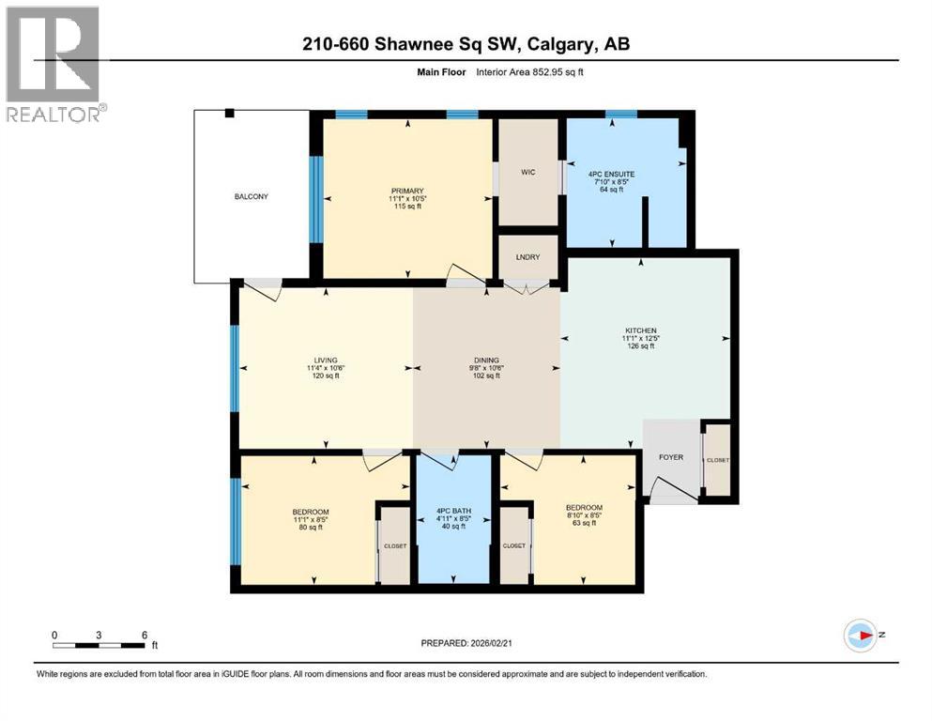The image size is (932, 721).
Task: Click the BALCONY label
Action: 252,196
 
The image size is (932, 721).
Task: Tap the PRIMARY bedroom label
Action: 407,188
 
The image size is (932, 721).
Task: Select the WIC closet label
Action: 527,172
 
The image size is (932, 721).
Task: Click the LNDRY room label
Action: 527,256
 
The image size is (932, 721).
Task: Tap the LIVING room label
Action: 326,357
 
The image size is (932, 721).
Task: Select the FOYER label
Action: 671,457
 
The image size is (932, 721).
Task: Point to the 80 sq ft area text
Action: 310,527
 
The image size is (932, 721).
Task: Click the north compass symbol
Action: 860,636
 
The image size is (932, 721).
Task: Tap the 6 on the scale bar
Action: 144,634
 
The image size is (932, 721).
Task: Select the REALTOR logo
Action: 53,64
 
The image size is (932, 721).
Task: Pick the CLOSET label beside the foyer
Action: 718,460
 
